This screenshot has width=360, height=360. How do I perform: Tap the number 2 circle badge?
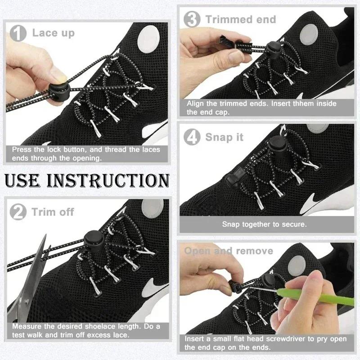pos(19,212)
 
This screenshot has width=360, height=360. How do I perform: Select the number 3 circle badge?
pos(193,20)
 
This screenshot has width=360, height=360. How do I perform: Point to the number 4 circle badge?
pos(193,137)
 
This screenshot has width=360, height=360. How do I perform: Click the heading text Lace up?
pos(53,33)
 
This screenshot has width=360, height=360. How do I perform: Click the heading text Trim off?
pos(53,212)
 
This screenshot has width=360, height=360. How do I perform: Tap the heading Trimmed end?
pos(241,19)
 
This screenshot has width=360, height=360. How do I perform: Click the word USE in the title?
pos(26,180)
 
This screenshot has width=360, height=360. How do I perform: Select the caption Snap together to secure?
pos(264,224)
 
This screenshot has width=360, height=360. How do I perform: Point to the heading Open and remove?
pos(229,251)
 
